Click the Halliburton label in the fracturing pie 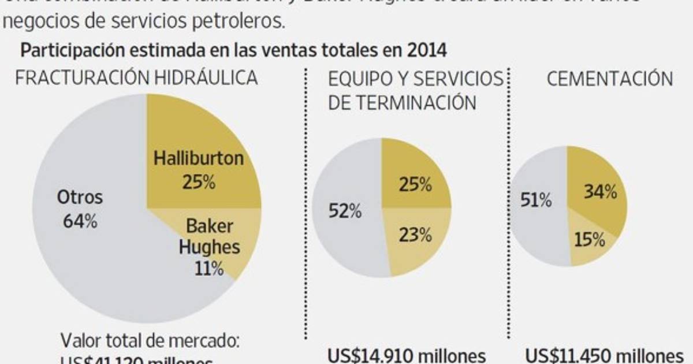coord(199,159)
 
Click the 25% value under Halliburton coord(198,183)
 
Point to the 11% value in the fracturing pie coord(208,269)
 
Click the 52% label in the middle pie coord(345,211)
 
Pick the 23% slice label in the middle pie coord(415,235)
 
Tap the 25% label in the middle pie coord(415,185)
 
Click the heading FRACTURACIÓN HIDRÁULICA coord(136,79)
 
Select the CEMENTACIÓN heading coord(610,79)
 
